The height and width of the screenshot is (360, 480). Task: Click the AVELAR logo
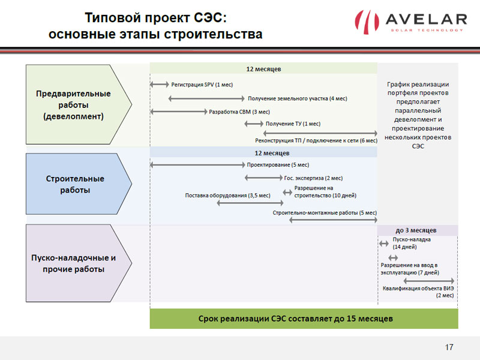(x=411, y=22)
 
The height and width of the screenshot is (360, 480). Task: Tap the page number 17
(x=449, y=347)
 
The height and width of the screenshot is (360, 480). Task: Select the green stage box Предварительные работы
(x=79, y=104)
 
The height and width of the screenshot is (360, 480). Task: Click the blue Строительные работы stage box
(x=79, y=184)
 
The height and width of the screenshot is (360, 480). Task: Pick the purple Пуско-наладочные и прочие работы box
(x=79, y=263)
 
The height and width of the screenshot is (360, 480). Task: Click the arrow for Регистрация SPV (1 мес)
(x=160, y=84)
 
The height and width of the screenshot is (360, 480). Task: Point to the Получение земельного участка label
(x=297, y=98)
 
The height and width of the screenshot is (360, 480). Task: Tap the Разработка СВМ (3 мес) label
(x=239, y=112)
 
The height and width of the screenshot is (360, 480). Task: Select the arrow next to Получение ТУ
(x=254, y=124)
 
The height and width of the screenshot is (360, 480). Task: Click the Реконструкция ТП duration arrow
(x=320, y=133)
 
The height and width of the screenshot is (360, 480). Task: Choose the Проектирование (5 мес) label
(x=278, y=164)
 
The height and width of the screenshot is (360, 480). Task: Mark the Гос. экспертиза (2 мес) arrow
(x=263, y=178)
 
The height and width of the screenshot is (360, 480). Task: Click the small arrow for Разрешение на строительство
(x=287, y=192)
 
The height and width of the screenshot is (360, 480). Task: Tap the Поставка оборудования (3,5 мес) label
(x=228, y=196)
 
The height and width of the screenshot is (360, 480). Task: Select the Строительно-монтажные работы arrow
(x=333, y=220)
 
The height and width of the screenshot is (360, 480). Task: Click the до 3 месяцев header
(x=416, y=230)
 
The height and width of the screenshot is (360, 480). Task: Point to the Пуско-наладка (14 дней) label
(x=412, y=243)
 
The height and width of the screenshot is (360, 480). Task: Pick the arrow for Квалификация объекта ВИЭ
(x=428, y=281)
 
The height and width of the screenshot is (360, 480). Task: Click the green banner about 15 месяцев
(x=304, y=319)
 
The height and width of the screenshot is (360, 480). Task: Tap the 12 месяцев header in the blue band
(x=272, y=153)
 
